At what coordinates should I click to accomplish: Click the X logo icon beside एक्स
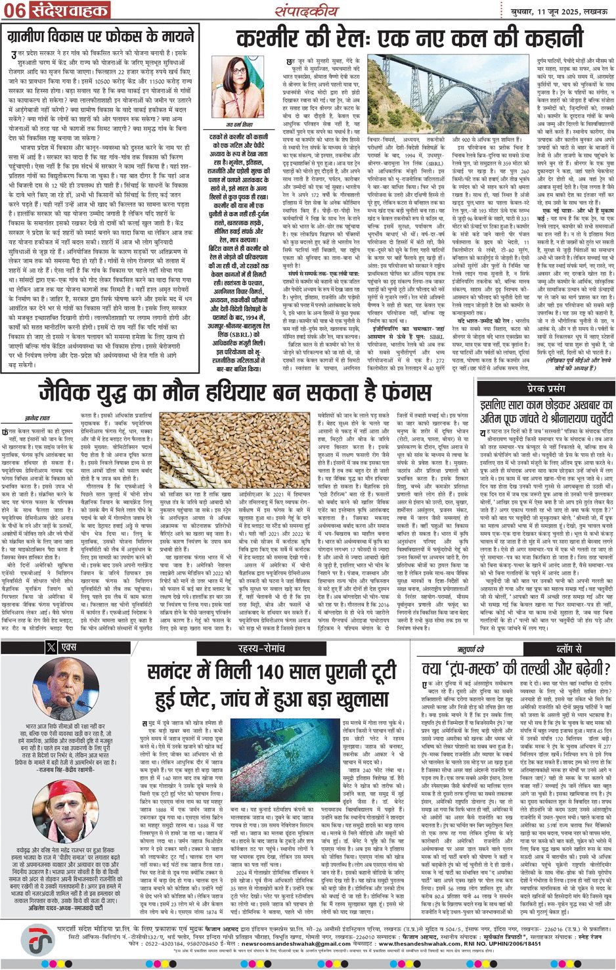(x=51, y=647)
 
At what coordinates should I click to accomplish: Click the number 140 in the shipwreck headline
(x=267, y=672)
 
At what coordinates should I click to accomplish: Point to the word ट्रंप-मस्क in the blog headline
(x=477, y=669)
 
